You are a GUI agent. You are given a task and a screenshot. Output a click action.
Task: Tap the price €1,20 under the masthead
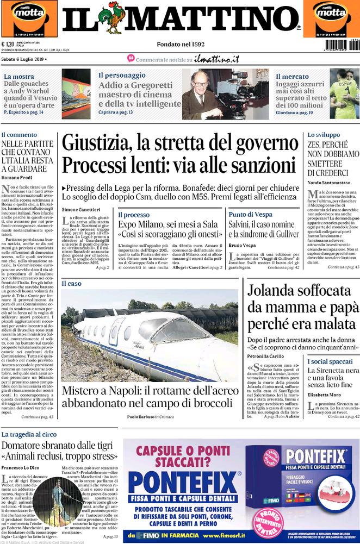pos(8,45)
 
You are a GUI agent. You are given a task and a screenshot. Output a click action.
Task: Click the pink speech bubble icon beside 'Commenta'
pos(131,58)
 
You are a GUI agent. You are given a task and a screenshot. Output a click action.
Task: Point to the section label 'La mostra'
pos(19,77)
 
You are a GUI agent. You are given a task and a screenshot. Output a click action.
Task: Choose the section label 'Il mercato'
pos(292,77)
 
